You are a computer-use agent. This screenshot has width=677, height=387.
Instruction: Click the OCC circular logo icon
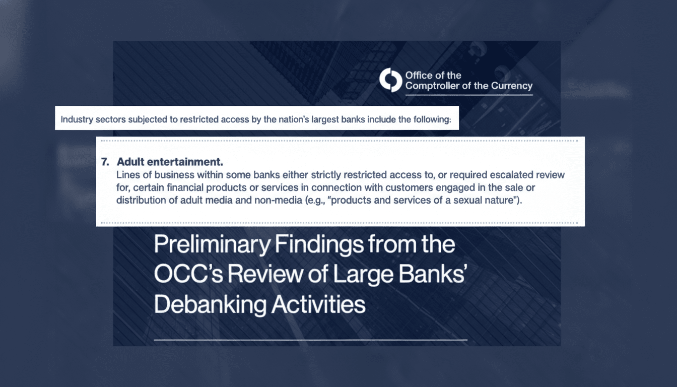[x=391, y=81]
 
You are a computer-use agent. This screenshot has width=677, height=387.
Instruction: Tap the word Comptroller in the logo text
[x=433, y=86]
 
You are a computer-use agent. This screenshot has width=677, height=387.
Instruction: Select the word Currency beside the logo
[x=513, y=86]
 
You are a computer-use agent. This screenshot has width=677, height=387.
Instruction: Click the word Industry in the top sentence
[x=74, y=120]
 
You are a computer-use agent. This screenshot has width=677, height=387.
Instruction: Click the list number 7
[x=105, y=162]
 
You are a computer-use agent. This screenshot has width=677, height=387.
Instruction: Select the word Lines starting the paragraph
[x=127, y=175]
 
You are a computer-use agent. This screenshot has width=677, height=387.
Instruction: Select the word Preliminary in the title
[x=213, y=244]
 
